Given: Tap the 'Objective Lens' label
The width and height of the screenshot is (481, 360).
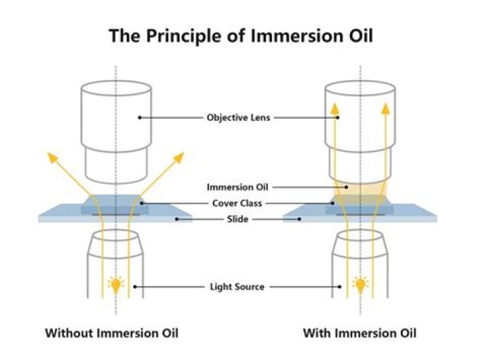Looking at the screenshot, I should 239,118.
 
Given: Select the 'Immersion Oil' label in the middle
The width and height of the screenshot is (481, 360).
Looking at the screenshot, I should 238,187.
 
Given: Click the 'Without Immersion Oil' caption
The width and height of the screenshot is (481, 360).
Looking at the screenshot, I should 112,333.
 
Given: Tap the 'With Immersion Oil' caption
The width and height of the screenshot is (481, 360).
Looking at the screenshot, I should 360,333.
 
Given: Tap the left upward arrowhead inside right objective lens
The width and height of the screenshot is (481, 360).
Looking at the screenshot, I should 335,108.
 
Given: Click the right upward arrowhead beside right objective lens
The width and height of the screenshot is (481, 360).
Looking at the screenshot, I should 387,108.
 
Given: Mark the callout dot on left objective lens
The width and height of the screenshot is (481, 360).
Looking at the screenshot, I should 139,118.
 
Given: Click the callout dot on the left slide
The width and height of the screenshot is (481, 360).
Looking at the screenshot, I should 175,218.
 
